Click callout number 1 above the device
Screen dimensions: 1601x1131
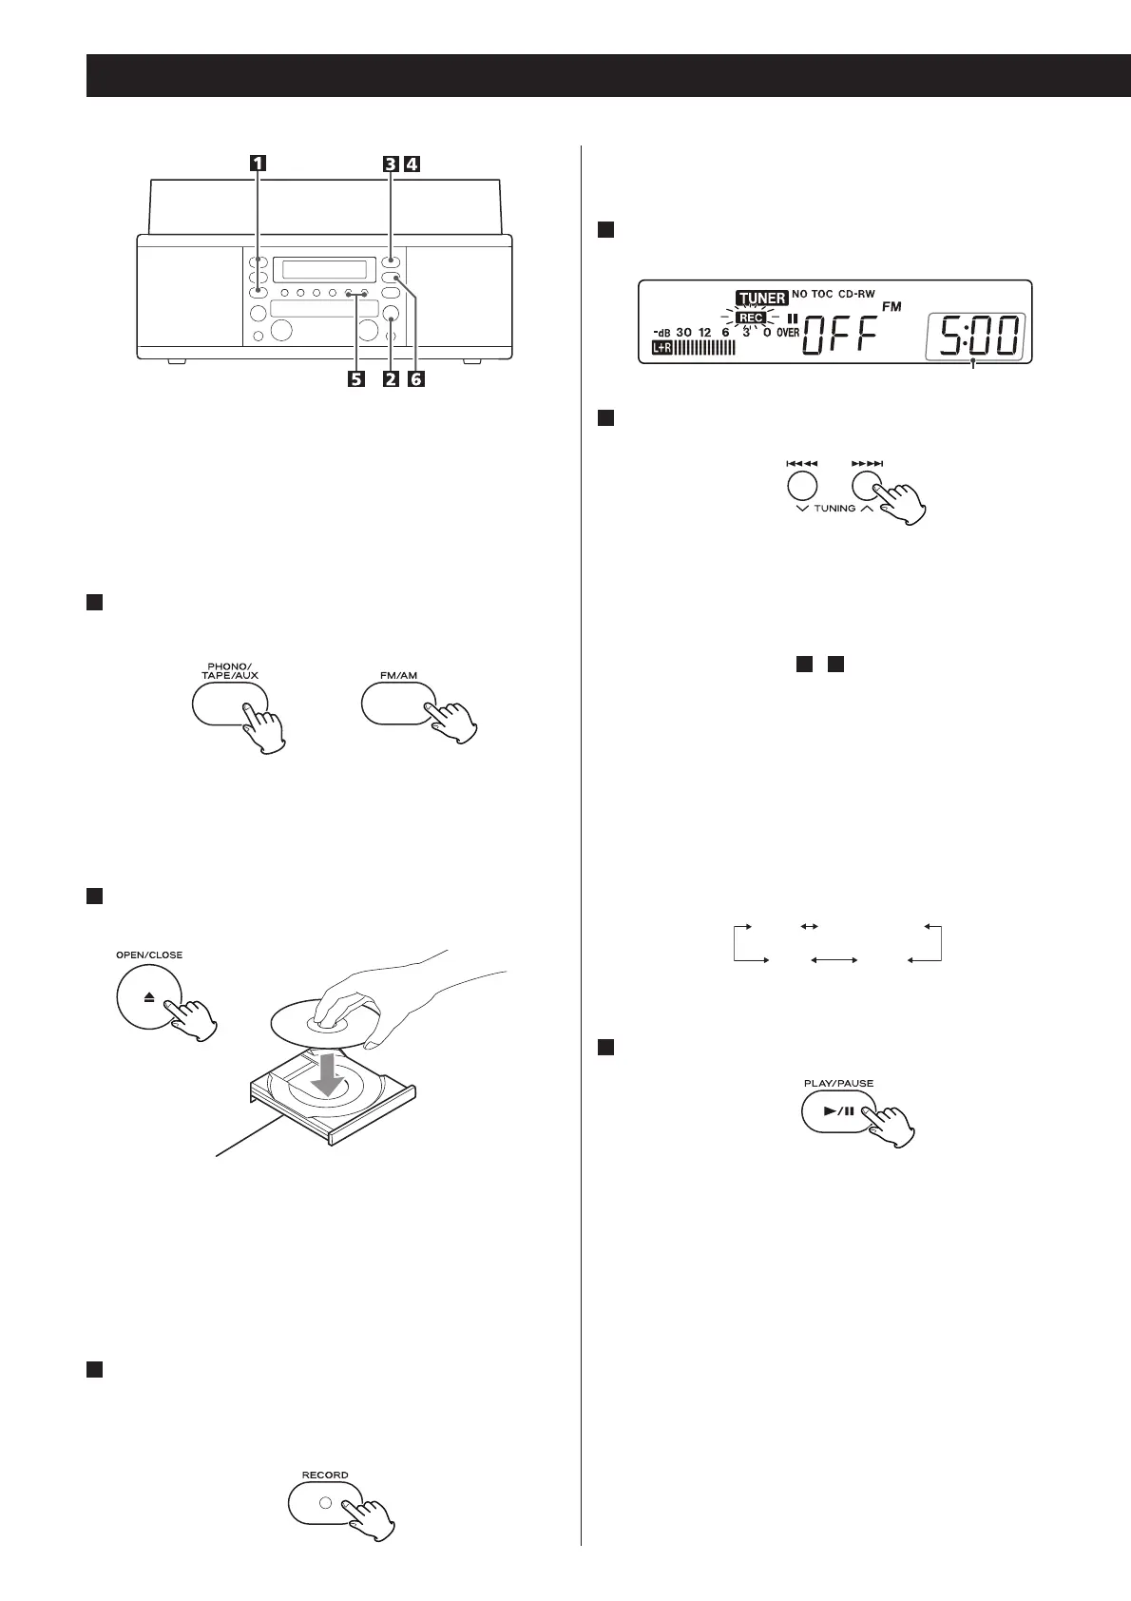click(257, 163)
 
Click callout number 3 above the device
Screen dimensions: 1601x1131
click(391, 163)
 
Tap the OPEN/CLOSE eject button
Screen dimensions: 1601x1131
click(149, 997)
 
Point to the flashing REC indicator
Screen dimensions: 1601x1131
click(751, 318)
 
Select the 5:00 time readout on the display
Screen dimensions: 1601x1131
click(974, 336)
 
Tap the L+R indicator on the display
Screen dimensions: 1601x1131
click(661, 349)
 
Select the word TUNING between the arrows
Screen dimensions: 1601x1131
click(834, 509)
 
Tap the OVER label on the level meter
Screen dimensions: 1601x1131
click(787, 334)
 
